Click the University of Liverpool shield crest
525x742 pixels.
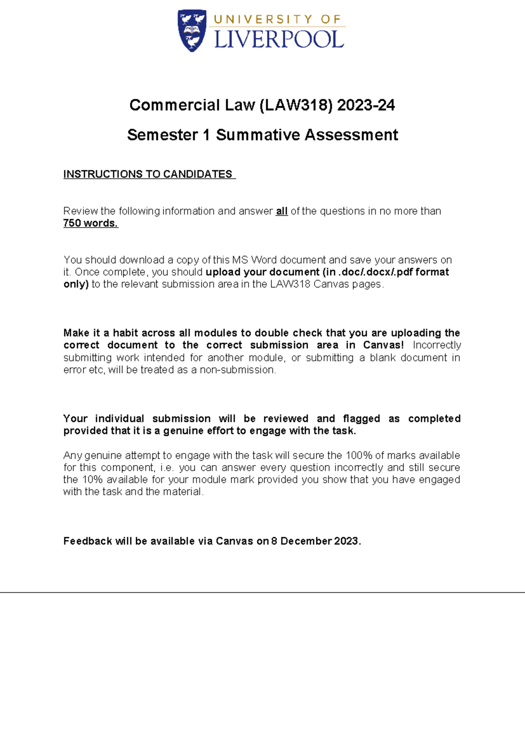[192, 31]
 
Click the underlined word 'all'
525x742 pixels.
[281, 211]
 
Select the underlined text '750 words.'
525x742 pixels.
[91, 224]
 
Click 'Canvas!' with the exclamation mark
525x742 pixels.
[383, 345]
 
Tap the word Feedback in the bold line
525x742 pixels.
[87, 541]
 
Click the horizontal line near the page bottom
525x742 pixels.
[262, 592]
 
